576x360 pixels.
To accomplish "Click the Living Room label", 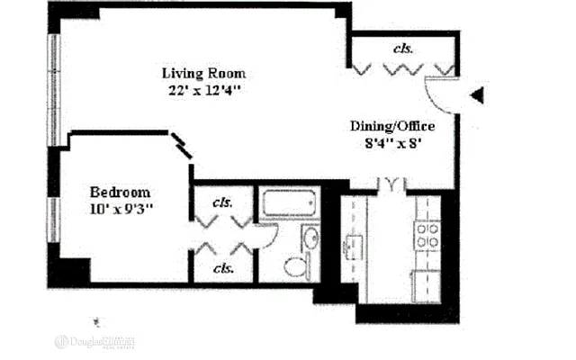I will point(203,73).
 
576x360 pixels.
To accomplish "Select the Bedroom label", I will point(120,193).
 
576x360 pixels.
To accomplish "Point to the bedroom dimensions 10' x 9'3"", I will point(121,210).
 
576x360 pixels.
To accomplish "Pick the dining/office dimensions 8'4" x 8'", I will point(392,142).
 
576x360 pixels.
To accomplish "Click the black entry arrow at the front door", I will point(478,94).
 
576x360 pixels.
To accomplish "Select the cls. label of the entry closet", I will point(403,47).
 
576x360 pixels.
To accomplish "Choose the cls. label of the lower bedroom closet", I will point(222,268).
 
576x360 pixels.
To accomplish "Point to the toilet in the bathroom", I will point(296,266).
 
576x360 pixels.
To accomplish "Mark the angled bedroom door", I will point(184,147).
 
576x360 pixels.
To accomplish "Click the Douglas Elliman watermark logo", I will point(94,341).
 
